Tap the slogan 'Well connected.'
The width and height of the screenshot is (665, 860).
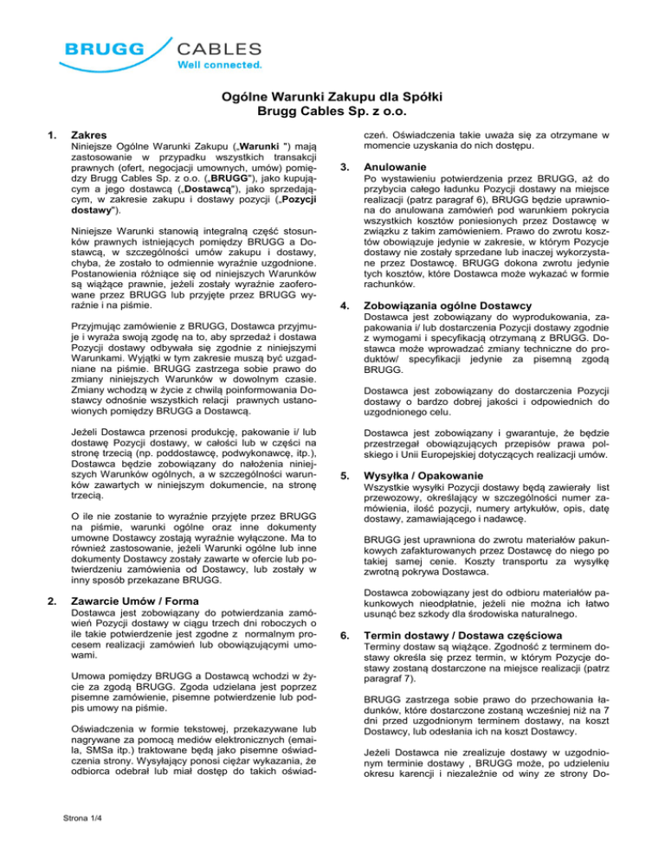point(220,64)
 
